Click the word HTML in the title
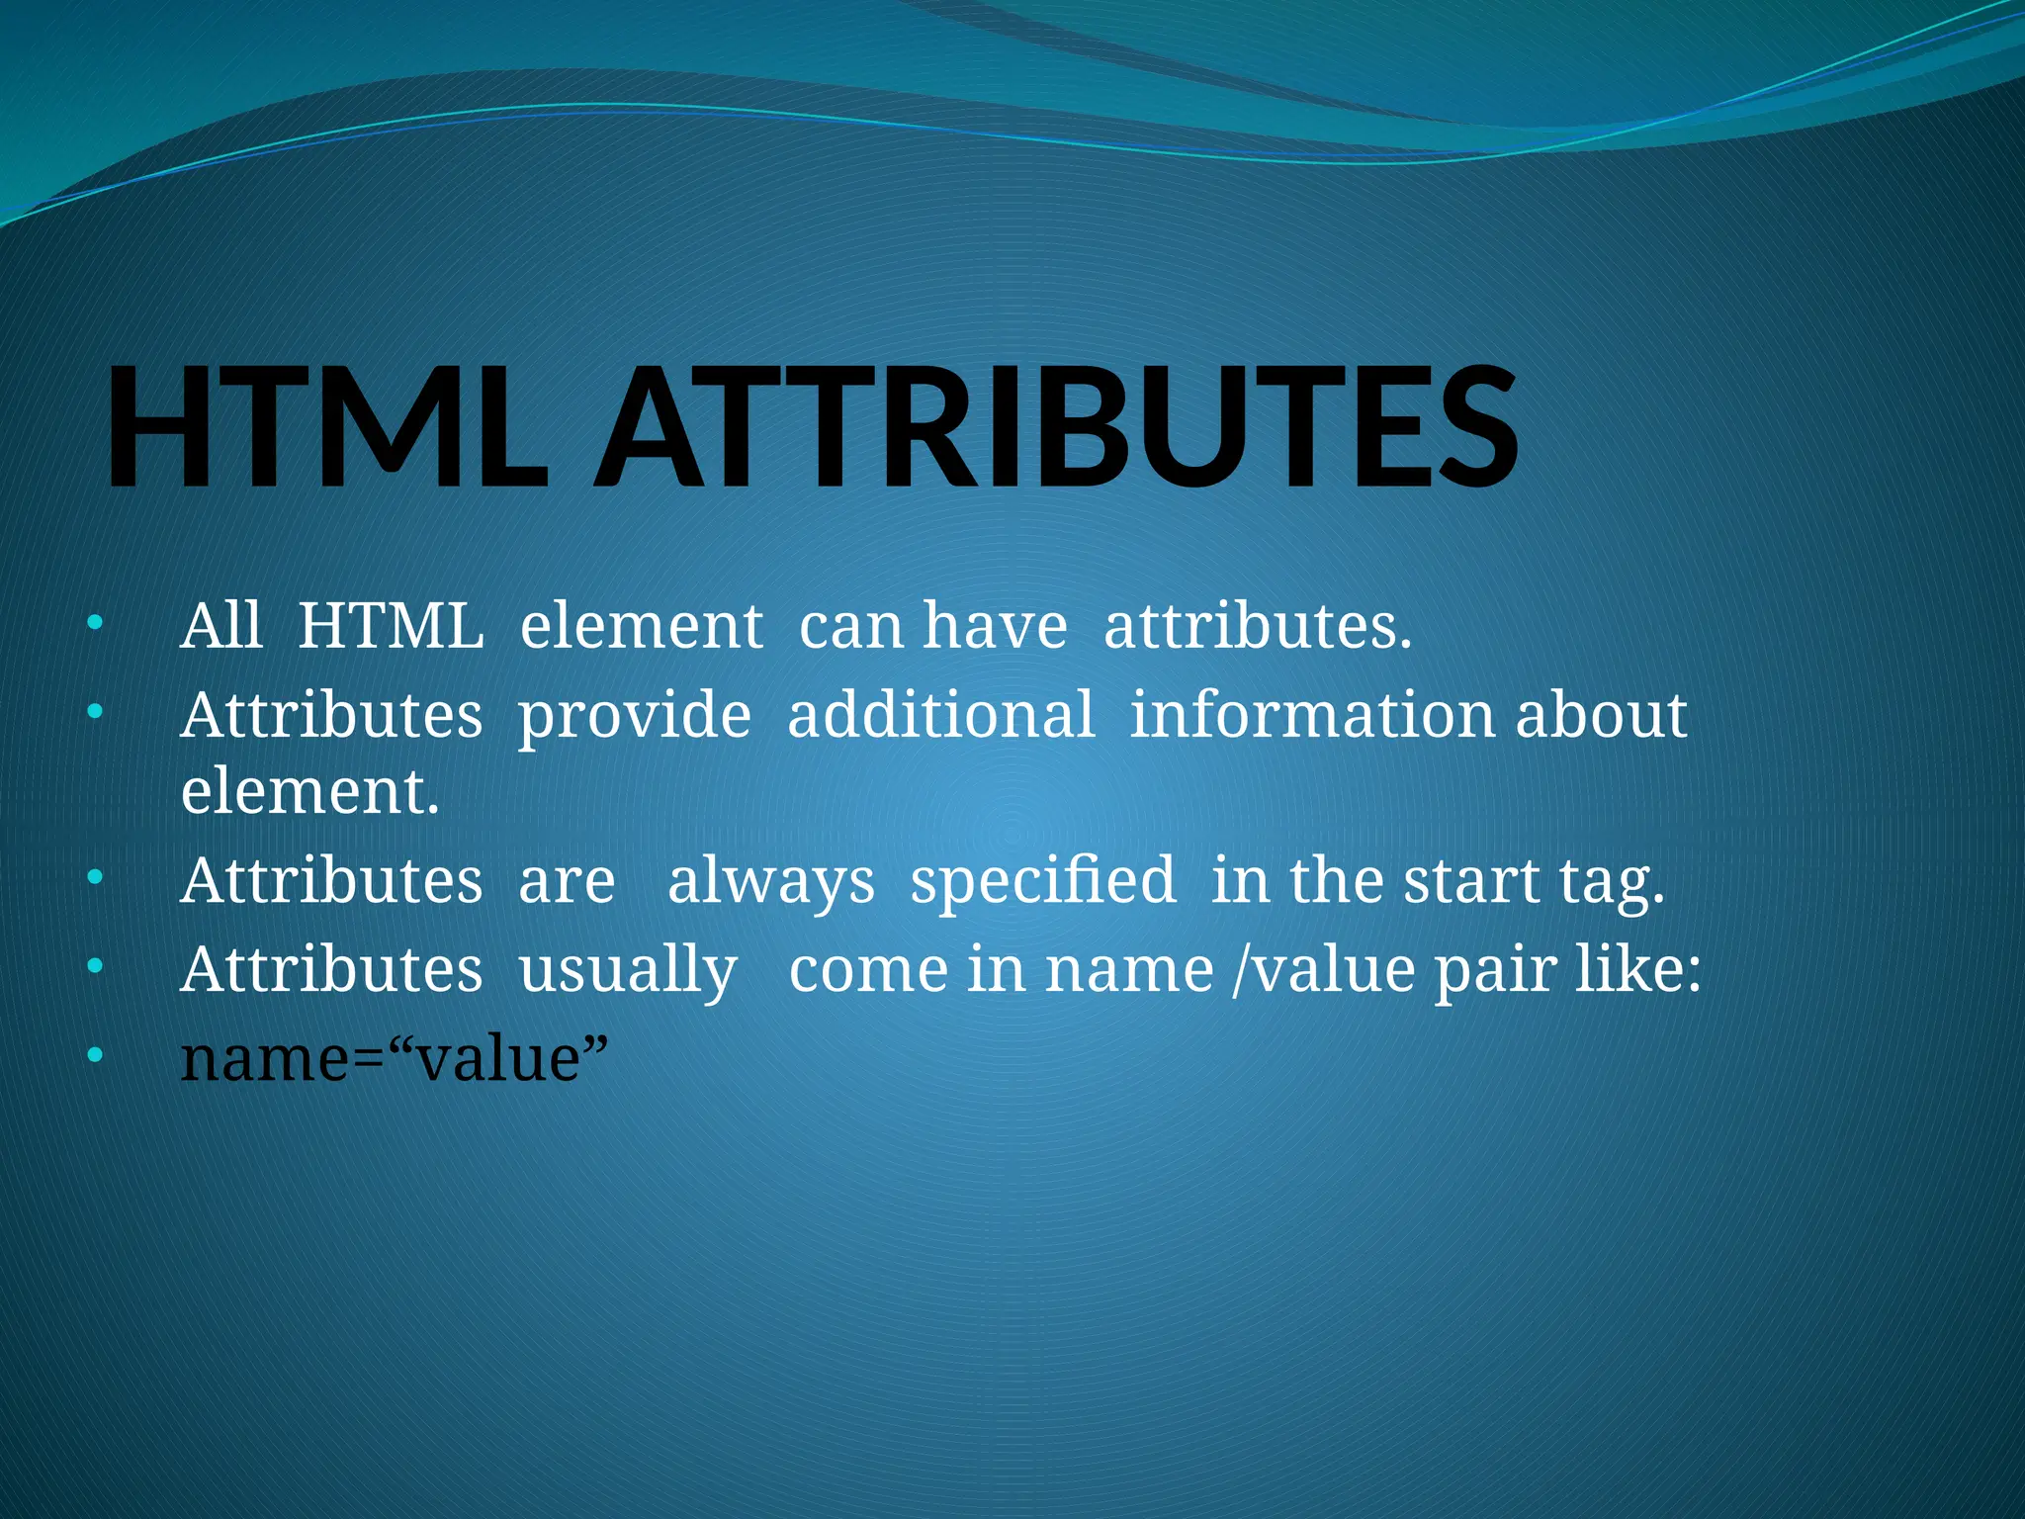(326, 427)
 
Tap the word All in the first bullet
(221, 626)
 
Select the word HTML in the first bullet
(391, 626)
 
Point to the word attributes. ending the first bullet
(1258, 626)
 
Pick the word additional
(940, 714)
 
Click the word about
(1601, 714)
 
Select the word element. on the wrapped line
(309, 792)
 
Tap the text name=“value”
(394, 1058)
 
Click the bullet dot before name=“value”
(94, 1054)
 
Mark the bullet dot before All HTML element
(94, 623)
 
